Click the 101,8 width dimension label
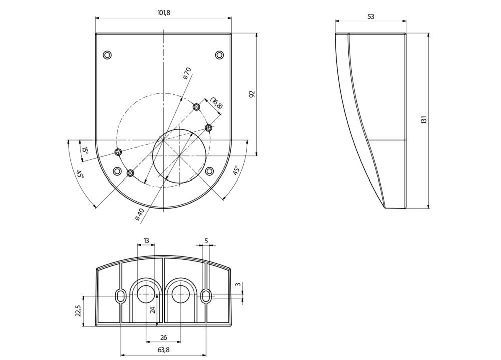(164, 13)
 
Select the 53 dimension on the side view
(371, 17)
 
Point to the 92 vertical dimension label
(252, 94)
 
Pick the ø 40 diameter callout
(140, 214)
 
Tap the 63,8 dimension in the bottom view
(164, 350)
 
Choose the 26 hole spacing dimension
(164, 337)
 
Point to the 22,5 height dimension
(79, 310)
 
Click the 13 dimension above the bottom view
(146, 240)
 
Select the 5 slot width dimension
(206, 241)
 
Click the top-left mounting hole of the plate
(107, 55)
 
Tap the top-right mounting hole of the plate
(219, 55)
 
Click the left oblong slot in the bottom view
(120, 296)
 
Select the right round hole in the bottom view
(180, 294)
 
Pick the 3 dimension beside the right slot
(237, 285)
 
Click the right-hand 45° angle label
(236, 170)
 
